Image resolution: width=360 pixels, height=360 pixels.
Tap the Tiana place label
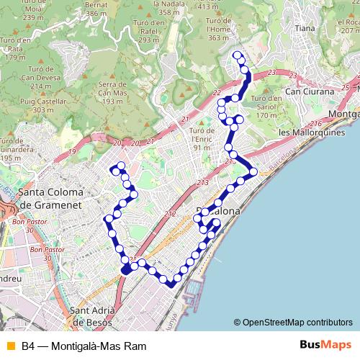[x=305, y=29]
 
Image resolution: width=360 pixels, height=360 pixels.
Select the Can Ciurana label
[x=310, y=92]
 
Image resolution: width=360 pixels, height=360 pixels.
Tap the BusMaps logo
[x=326, y=346]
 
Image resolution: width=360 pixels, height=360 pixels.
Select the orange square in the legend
[x=10, y=346]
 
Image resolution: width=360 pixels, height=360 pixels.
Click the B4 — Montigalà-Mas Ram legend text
[x=84, y=346]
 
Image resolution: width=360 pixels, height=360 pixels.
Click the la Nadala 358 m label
[x=168, y=8]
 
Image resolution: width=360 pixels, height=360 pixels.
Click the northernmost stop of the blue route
[x=238, y=55]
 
